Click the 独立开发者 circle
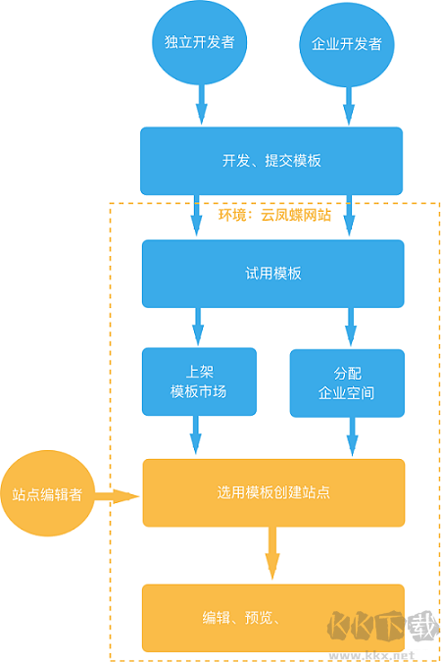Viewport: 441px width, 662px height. tap(199, 43)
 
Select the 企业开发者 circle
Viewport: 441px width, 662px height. tap(346, 43)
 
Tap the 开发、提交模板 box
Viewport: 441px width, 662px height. tap(271, 161)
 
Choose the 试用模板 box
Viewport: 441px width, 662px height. tap(271, 274)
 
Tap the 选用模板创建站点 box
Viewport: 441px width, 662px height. tap(272, 491)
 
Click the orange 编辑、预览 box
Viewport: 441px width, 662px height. tap(245, 617)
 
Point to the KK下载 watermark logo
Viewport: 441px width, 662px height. tap(373, 624)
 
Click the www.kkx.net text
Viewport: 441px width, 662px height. tap(373, 654)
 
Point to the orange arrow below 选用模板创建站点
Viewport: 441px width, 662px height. tap(271, 555)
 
